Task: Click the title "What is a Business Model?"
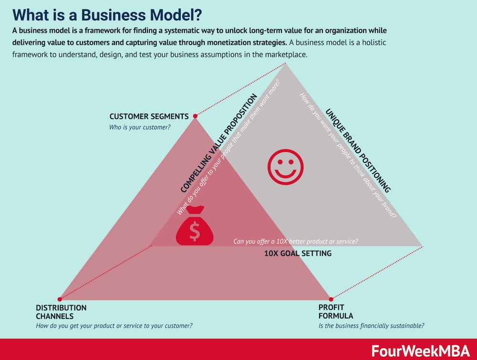(107, 15)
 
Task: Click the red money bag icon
(195, 226)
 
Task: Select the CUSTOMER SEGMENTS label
(149, 116)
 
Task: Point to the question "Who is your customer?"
(140, 127)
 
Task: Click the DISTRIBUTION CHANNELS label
(61, 312)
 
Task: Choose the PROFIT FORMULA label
(336, 312)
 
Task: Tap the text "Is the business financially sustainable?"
(371, 326)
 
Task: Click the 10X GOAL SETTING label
(298, 254)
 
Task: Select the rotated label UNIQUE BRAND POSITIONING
(358, 151)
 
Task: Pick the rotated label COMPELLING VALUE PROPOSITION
(219, 143)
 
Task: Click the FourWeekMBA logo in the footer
(421, 351)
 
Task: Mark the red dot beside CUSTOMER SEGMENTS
(195, 116)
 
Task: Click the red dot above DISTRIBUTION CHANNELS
(60, 299)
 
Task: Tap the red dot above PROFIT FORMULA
(331, 299)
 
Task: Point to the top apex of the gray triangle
(285, 64)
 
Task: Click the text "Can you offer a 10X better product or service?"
(296, 242)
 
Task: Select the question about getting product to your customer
(114, 326)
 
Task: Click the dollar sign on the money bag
(195, 231)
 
